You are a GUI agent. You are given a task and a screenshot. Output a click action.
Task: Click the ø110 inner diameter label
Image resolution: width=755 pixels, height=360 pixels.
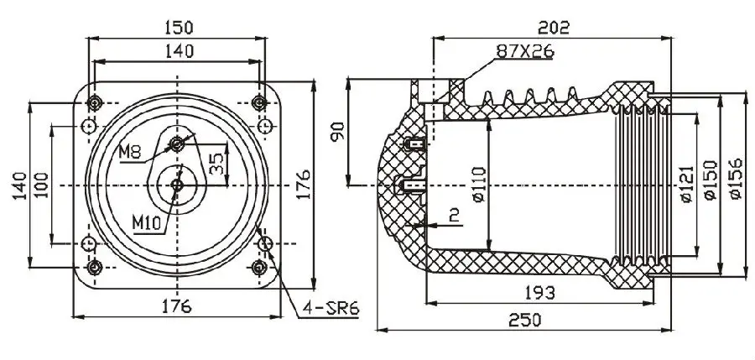point(478,185)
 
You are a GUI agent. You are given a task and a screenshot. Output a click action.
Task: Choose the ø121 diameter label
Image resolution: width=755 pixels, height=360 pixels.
point(686,185)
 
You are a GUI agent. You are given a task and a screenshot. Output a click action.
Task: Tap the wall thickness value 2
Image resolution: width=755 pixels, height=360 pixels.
point(454,216)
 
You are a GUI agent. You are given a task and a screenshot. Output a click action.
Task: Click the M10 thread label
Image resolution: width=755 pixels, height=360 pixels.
point(149,222)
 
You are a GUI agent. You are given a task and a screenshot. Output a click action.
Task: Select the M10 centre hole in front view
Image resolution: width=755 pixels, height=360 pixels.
point(177,185)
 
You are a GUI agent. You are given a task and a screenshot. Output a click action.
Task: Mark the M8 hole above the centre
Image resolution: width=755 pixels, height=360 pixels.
point(177,143)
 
